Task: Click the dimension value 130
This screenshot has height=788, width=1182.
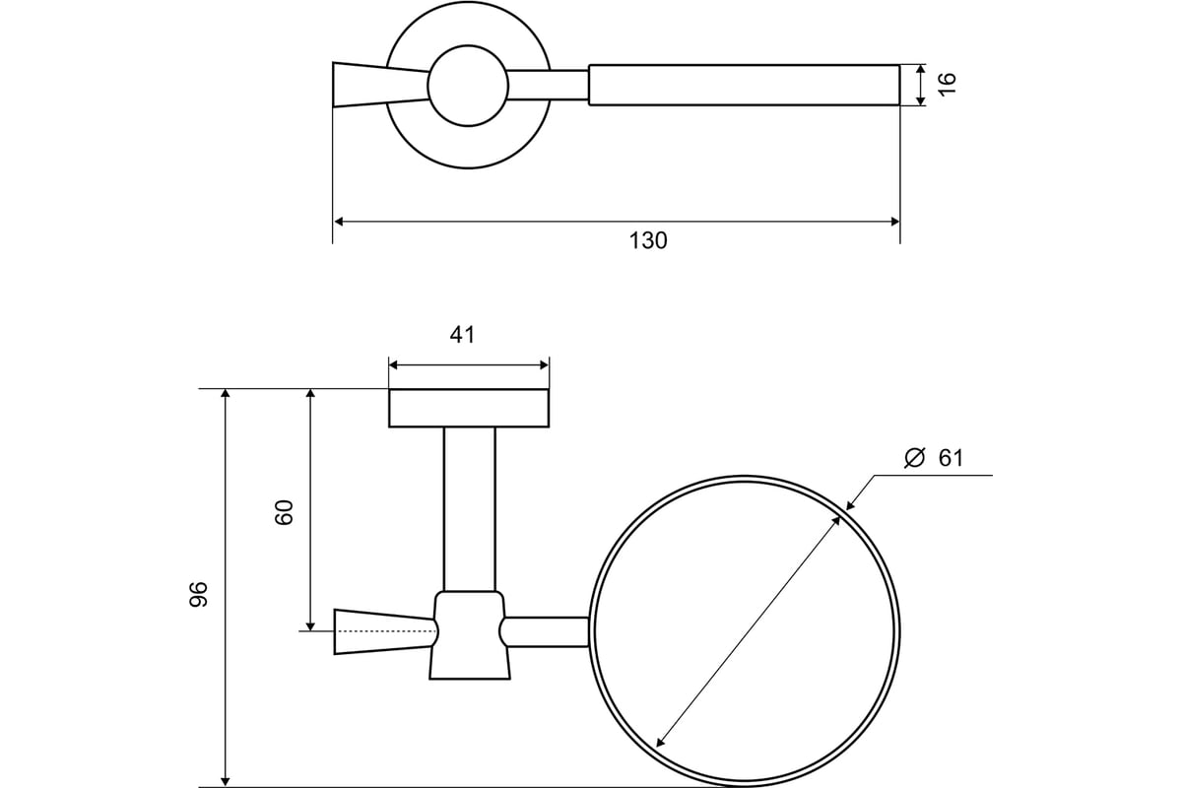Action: pos(648,240)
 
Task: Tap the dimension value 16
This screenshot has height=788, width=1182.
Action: pos(948,84)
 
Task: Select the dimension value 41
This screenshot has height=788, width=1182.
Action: pos(463,335)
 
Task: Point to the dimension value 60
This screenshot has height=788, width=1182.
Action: pos(285,512)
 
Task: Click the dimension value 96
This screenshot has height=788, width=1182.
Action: pos(199,594)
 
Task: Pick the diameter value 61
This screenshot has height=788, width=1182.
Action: pos(951,458)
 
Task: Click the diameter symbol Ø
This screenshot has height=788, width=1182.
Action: pos(914,458)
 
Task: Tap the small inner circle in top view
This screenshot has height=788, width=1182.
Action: pos(468,86)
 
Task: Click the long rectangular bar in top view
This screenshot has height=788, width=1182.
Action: pos(744,85)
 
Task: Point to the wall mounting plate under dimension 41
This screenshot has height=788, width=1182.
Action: pos(469,408)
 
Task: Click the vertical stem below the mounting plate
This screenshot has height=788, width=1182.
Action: pos(469,507)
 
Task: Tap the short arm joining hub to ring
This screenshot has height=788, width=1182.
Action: pos(547,631)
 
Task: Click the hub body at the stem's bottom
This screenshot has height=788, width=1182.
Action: pos(470,635)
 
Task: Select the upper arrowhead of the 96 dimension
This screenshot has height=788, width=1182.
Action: pos(226,395)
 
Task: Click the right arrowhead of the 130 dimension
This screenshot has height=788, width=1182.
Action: pos(894,222)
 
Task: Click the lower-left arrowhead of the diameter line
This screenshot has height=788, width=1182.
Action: pos(661,741)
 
